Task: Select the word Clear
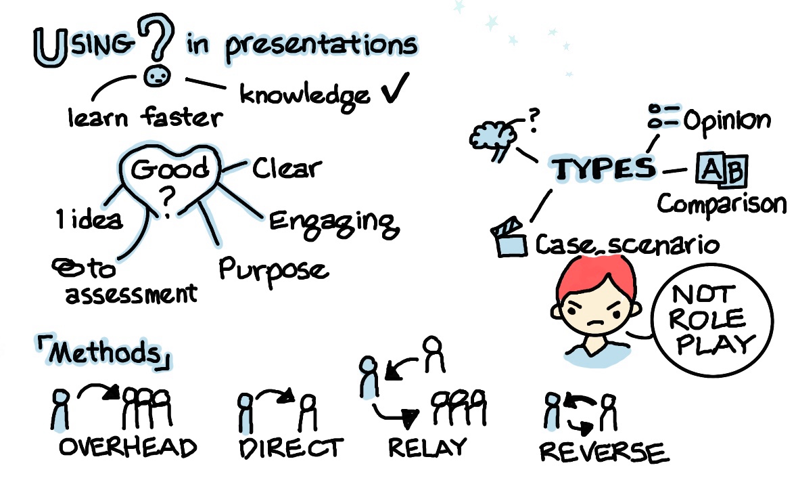click(287, 167)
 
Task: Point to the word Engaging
click(331, 221)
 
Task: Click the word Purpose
click(273, 269)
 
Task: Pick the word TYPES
click(604, 169)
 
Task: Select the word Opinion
click(726, 121)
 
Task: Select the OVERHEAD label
click(128, 447)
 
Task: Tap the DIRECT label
click(291, 448)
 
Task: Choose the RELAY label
click(427, 446)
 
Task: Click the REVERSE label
click(603, 452)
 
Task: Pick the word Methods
click(106, 352)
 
